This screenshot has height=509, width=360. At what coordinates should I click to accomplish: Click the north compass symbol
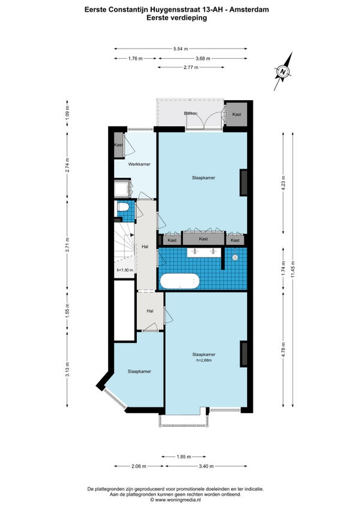point(283,71)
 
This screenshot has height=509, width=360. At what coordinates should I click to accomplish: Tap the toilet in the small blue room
point(123,206)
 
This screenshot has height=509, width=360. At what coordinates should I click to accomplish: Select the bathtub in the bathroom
point(179,281)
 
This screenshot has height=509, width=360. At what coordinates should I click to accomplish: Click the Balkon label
point(191,113)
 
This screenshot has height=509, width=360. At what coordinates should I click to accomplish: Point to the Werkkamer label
point(139,164)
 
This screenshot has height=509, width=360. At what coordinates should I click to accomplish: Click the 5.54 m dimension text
point(181,49)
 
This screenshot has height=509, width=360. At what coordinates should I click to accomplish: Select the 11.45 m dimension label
point(293,269)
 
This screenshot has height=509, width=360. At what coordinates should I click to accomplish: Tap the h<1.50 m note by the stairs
point(125,270)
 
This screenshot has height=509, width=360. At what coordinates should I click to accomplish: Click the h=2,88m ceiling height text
point(204,360)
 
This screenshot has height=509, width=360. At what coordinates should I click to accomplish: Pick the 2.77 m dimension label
point(191,67)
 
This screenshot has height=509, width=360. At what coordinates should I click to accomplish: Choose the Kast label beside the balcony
point(236,114)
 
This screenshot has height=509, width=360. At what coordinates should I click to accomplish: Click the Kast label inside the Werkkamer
point(118,145)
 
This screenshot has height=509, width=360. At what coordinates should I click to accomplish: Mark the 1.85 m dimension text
point(184,457)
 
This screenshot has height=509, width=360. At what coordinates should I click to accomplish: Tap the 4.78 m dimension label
point(283,349)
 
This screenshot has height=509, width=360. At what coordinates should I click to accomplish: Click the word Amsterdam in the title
point(250,10)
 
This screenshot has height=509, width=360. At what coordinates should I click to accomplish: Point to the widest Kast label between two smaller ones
point(203,239)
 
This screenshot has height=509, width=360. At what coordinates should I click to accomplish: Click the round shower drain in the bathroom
point(235,258)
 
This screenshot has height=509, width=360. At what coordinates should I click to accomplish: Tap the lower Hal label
point(149,311)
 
